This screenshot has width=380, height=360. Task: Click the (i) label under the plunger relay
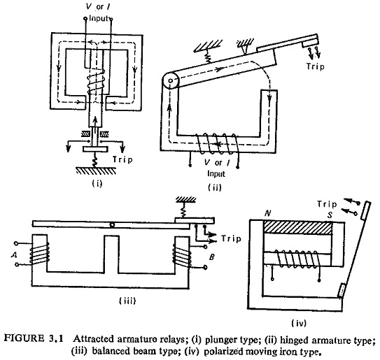pyautogui.click(x=97, y=183)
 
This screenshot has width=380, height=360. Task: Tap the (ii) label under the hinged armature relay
pyautogui.click(x=215, y=187)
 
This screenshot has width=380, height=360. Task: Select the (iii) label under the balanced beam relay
pyautogui.click(x=127, y=301)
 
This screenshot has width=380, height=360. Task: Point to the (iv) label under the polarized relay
pyautogui.click(x=299, y=323)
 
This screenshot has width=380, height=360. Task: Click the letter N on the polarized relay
pyautogui.click(x=267, y=213)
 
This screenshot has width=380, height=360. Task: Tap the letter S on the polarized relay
pyautogui.click(x=330, y=215)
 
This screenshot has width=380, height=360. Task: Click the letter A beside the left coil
pyautogui.click(x=14, y=254)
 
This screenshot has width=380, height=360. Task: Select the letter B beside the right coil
pyautogui.click(x=211, y=257)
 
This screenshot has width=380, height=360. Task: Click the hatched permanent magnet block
pyautogui.click(x=298, y=228)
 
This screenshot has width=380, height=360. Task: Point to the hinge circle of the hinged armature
pyautogui.click(x=170, y=80)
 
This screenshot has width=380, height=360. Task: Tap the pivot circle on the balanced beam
pyautogui.click(x=112, y=225)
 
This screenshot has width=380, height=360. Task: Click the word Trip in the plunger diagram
pyautogui.click(x=122, y=159)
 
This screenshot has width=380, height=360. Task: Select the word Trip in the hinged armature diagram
pyautogui.click(x=315, y=66)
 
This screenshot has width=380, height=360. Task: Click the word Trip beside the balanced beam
pyautogui.click(x=231, y=238)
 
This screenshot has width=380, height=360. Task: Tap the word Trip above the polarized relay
pyautogui.click(x=327, y=204)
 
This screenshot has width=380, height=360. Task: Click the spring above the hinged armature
pyautogui.click(x=208, y=58)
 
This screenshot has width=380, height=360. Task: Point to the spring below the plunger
pyautogui.click(x=95, y=160)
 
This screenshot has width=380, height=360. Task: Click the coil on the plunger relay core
pyautogui.click(x=96, y=82)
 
